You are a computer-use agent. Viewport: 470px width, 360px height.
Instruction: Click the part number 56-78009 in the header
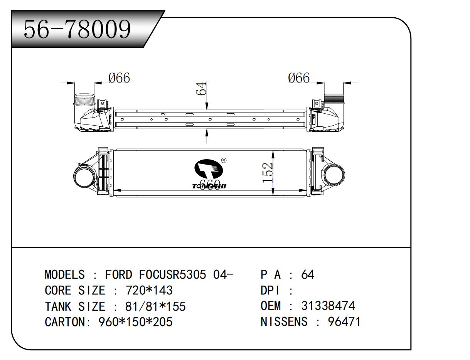[77, 29]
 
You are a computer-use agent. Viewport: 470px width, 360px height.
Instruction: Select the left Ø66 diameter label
[119, 78]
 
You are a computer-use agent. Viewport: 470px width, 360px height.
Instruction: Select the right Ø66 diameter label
[299, 78]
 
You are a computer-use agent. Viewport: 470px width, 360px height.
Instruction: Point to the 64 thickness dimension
[200, 89]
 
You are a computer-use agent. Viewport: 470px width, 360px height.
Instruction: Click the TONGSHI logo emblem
[209, 170]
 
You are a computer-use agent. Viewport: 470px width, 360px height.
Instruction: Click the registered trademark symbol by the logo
[224, 160]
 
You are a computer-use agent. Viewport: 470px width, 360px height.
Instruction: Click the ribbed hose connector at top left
[84, 100]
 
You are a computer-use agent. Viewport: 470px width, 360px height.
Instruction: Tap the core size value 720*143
[149, 290]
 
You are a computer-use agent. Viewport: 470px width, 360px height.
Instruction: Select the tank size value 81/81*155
[155, 306]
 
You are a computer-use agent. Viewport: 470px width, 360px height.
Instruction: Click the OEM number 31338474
[328, 306]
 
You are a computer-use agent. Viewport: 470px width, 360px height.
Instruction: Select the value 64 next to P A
[308, 275]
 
